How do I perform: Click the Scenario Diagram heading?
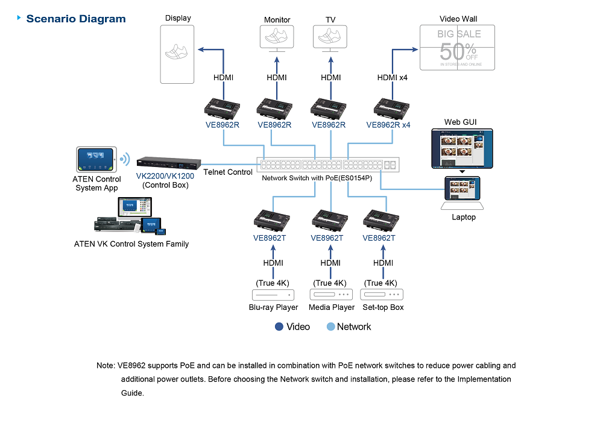click(x=76, y=19)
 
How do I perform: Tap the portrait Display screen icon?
click(x=178, y=55)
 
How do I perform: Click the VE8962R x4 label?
click(x=388, y=125)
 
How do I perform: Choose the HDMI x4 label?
click(x=393, y=77)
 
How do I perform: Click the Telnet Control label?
click(x=228, y=172)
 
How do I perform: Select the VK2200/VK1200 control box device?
click(x=168, y=163)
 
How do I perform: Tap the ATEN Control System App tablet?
click(x=95, y=160)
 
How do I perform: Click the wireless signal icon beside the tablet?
click(x=124, y=159)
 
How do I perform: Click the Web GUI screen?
click(x=461, y=148)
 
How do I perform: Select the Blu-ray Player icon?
click(x=273, y=295)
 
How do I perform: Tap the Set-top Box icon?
click(x=382, y=295)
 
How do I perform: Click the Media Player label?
click(x=332, y=307)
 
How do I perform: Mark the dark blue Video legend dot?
click(x=279, y=327)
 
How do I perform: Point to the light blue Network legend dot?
click(x=330, y=327)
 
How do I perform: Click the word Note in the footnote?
click(x=105, y=365)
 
